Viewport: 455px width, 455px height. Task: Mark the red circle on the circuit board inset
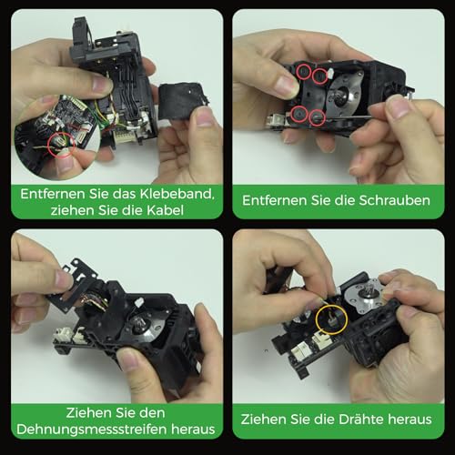tap(62, 142)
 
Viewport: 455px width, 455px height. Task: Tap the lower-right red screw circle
tap(318, 116)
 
